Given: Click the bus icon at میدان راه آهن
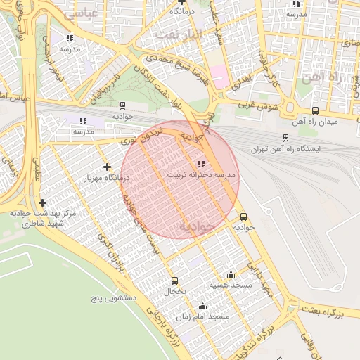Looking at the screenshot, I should coord(314,110).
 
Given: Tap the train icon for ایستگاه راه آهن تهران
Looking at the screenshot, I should coord(285,138).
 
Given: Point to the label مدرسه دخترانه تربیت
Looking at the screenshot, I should coord(202,174).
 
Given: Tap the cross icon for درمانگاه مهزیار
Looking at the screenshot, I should coord(107,167).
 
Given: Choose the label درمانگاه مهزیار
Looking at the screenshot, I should coord(107,178).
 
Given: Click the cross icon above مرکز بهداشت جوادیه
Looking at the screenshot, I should coord(43,202).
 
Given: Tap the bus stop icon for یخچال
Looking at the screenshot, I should coord(174,281).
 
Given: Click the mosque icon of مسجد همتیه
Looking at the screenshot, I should coord(231,275).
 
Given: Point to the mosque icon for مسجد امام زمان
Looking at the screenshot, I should coord(202,306).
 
